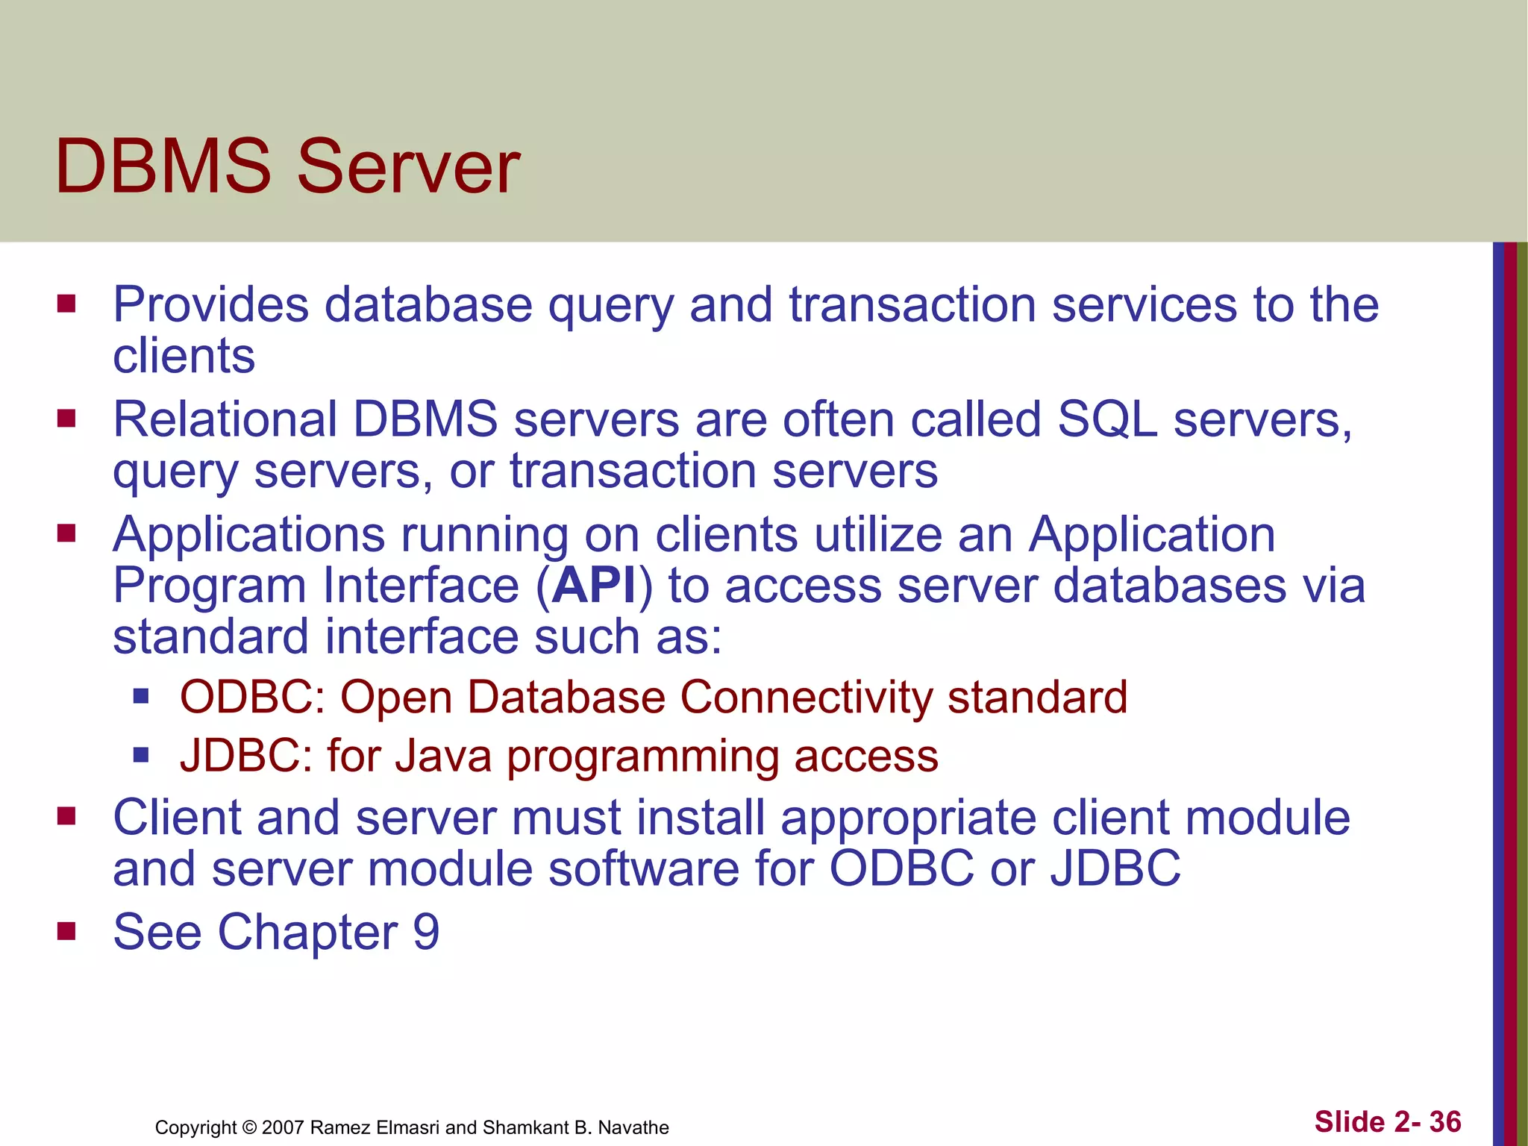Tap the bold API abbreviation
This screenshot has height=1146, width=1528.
(x=594, y=586)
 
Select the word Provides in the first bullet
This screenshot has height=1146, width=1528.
(x=210, y=306)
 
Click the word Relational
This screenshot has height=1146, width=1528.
(x=225, y=420)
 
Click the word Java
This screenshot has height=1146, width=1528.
(x=443, y=757)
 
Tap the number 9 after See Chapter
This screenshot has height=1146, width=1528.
(x=426, y=933)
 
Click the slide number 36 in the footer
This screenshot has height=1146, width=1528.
(x=1445, y=1122)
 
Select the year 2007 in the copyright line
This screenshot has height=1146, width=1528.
(x=284, y=1127)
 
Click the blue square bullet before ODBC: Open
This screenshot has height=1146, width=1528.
(x=141, y=697)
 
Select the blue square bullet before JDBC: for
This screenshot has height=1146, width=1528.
(x=141, y=756)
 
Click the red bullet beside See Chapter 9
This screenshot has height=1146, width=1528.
(x=66, y=931)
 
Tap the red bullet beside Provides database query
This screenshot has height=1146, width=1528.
(x=66, y=304)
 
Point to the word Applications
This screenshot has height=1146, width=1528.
(x=248, y=536)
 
